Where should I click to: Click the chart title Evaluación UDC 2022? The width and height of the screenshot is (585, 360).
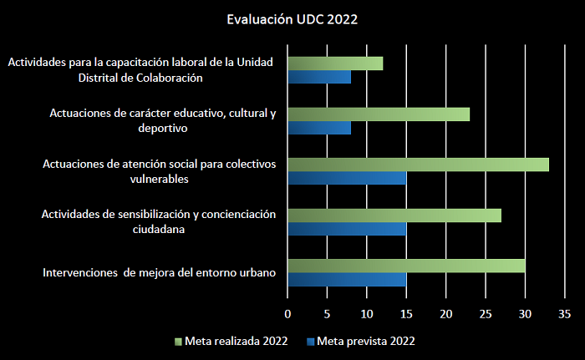(x=292, y=18)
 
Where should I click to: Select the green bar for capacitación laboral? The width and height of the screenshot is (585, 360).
(x=335, y=63)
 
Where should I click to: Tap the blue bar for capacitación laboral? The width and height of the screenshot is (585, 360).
(x=319, y=78)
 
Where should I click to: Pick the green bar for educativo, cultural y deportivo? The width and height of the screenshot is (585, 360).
(x=379, y=114)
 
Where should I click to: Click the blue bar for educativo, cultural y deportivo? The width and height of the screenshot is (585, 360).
(x=319, y=129)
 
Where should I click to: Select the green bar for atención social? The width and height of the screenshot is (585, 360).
(x=418, y=165)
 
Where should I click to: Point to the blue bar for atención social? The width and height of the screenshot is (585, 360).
(x=347, y=179)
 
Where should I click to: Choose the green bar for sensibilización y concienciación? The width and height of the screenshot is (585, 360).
(x=394, y=215)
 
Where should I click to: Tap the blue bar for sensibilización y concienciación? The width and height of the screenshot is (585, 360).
(x=347, y=229)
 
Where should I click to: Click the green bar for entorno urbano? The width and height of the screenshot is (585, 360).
(x=406, y=266)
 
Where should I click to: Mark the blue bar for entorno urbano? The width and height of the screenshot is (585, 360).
(x=347, y=280)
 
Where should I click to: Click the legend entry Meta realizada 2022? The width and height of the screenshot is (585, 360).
(x=235, y=341)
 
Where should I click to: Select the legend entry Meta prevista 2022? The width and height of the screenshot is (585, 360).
(x=366, y=341)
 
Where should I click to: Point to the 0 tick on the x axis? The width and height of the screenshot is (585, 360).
(x=287, y=314)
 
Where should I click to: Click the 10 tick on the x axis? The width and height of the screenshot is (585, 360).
(x=367, y=314)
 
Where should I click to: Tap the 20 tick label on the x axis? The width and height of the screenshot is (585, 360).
(x=445, y=314)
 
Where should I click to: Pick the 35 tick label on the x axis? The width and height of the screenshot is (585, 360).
(x=564, y=314)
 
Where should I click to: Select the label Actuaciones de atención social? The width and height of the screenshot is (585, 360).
(x=159, y=164)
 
